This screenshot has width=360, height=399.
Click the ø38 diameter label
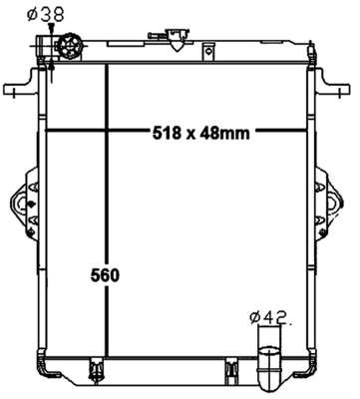[x=46, y=14]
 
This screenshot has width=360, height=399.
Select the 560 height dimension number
[x=105, y=275]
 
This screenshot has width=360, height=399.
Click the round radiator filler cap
[x=70, y=46]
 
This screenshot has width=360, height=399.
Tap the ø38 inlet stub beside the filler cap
[x=44, y=46]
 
